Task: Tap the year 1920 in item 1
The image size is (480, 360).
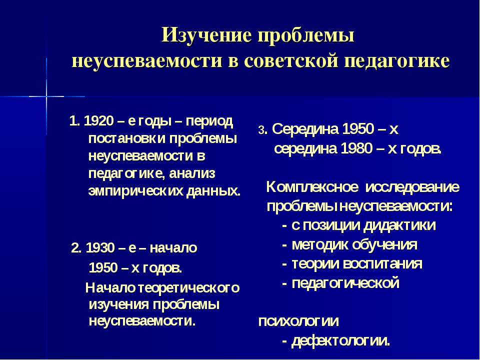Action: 98,121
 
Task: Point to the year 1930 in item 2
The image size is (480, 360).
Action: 101,248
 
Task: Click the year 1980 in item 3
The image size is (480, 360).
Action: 356,149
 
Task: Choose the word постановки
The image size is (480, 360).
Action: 126,139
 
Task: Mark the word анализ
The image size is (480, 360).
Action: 192,174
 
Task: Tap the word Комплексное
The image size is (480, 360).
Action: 312,187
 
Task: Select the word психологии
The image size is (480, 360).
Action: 298,321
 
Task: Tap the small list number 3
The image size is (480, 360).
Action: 261,130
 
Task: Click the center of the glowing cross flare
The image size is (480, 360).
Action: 46,96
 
